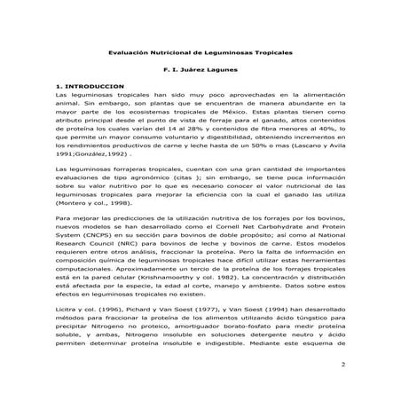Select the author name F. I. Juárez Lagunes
(200, 68)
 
